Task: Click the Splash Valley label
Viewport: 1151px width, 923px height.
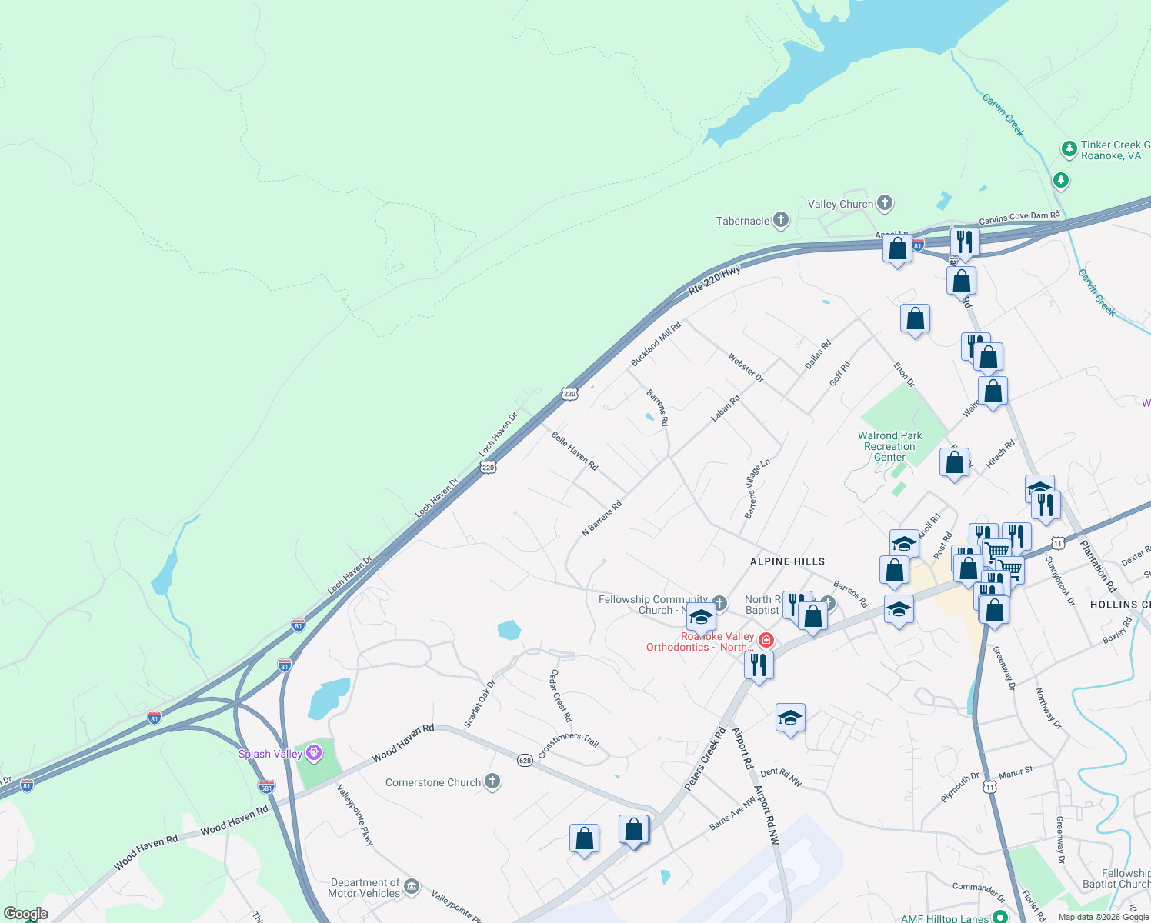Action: click(x=270, y=754)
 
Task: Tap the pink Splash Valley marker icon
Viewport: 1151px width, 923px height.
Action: click(x=314, y=752)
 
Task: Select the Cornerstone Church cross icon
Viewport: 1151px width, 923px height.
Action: click(x=492, y=782)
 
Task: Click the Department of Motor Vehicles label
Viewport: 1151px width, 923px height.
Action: click(x=365, y=888)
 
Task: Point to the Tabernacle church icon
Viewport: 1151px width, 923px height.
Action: click(x=781, y=221)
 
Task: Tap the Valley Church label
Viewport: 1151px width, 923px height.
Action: click(x=840, y=204)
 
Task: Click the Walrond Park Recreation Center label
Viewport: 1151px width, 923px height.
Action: click(x=889, y=446)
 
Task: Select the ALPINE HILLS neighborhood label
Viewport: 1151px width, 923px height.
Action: click(x=787, y=561)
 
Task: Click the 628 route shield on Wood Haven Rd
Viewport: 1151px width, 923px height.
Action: click(x=525, y=761)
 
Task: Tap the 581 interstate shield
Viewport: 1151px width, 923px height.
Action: click(x=267, y=787)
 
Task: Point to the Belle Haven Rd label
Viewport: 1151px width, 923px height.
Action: click(x=574, y=450)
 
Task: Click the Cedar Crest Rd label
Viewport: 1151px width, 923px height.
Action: click(x=560, y=695)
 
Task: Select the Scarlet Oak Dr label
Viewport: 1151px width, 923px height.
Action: click(x=480, y=703)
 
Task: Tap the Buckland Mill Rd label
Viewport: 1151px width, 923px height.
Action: click(x=656, y=344)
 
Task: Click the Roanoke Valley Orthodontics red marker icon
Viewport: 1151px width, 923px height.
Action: click(x=766, y=640)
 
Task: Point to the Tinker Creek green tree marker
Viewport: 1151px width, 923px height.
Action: click(x=1069, y=148)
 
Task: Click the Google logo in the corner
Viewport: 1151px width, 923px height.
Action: click(x=26, y=914)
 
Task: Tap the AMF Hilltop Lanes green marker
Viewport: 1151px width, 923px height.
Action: click(x=1000, y=917)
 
